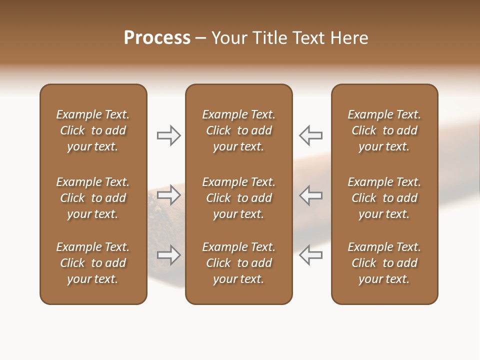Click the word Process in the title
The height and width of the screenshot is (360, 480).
click(x=157, y=38)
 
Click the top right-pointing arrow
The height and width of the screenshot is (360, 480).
click(x=169, y=135)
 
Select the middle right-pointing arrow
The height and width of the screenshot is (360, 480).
click(x=169, y=195)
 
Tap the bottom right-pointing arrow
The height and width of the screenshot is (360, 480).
click(x=169, y=255)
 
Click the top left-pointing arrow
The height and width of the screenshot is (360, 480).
click(x=310, y=135)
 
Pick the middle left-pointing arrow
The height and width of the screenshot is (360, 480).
click(x=310, y=195)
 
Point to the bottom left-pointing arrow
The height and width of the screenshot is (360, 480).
click(x=310, y=255)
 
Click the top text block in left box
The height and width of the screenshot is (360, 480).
click(x=93, y=130)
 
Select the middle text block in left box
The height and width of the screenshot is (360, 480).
click(x=93, y=198)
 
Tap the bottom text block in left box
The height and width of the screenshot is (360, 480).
click(x=93, y=263)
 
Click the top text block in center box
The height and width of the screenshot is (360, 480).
click(x=238, y=130)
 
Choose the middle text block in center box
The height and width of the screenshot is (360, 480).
click(x=238, y=198)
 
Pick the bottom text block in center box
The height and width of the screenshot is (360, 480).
click(x=238, y=263)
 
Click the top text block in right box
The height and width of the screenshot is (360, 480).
click(x=384, y=130)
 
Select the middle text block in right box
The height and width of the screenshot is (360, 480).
click(x=384, y=198)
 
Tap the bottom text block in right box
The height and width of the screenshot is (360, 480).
click(x=384, y=263)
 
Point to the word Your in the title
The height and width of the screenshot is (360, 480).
click(x=229, y=38)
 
